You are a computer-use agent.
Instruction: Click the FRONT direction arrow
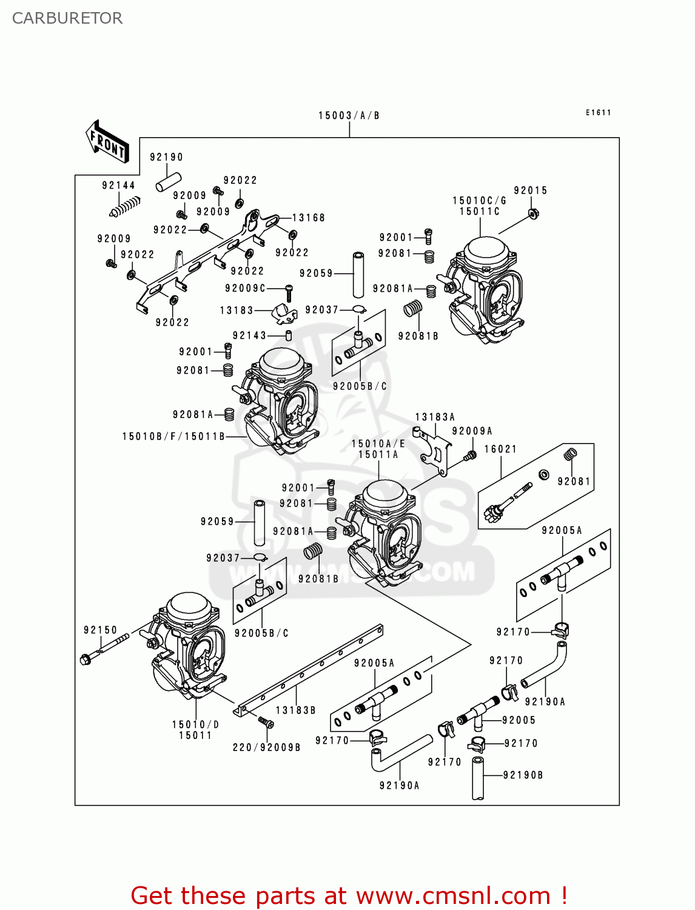coord(107,142)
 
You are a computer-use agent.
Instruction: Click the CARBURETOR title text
coord(67,18)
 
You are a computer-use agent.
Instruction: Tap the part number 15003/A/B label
coord(349,115)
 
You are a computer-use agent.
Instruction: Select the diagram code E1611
coord(598,112)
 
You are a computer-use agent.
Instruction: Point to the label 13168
coord(308,218)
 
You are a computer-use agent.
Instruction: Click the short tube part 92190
coord(169,183)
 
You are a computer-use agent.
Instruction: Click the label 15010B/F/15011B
coord(173,436)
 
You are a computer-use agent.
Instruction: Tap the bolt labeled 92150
coord(104,649)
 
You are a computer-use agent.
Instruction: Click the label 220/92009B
coord(267,747)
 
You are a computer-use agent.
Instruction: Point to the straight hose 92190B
coord(478,778)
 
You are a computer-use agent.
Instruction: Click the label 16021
coord(500,449)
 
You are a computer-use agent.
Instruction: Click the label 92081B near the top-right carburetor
coord(418,335)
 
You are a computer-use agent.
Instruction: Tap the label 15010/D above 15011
coord(195,724)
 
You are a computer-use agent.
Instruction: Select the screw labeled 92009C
coord(289,293)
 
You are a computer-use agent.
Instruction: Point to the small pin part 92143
coord(289,335)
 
